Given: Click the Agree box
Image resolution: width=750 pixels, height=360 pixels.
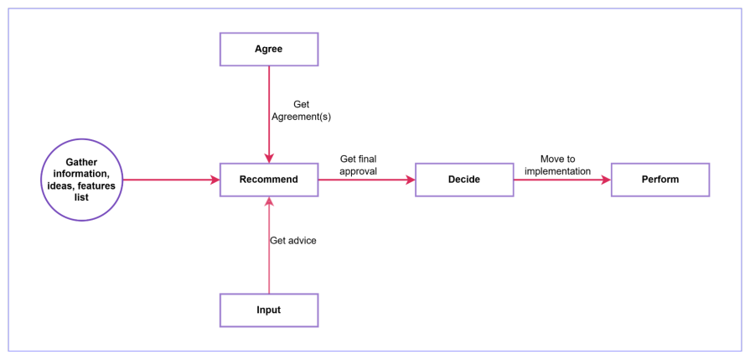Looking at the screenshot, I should tap(268, 49).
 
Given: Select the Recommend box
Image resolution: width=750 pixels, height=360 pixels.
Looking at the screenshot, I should tap(268, 180).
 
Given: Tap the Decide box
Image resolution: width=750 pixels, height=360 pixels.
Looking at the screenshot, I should tap(464, 180).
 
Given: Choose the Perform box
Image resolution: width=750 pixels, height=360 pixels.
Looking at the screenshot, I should tap(660, 180).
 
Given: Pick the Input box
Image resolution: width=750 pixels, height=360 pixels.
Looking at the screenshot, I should tap(268, 310).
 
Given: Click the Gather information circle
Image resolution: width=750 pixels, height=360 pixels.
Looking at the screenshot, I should tap(82, 180).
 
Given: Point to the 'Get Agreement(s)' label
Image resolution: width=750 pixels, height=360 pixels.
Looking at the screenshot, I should tap(301, 111).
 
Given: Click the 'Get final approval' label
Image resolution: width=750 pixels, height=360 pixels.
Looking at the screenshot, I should tap(358, 164).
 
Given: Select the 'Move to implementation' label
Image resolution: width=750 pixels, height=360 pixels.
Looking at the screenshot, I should tap(557, 164).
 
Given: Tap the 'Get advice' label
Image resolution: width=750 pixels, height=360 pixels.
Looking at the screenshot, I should tap(292, 241).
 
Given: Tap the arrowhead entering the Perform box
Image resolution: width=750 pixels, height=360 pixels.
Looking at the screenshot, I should tap(606, 180).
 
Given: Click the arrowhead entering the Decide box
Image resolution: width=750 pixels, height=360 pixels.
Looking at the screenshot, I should tap(411, 180).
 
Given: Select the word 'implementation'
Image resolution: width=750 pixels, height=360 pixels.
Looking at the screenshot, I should tap(557, 171).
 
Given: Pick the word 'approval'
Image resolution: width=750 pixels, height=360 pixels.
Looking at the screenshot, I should tap(358, 171).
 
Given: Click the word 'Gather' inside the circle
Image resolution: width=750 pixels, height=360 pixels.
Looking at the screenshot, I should tap(82, 162).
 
